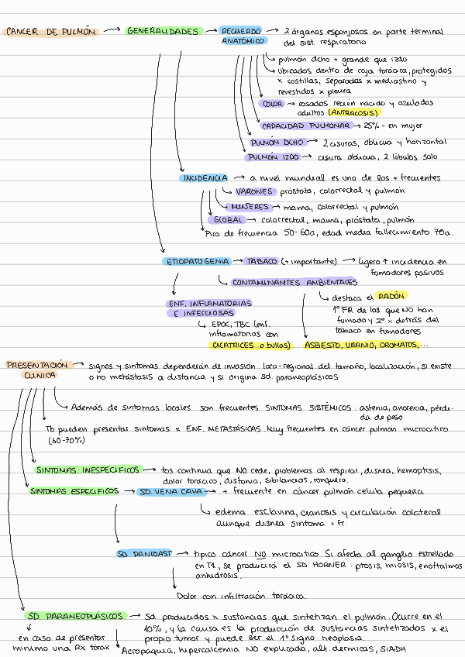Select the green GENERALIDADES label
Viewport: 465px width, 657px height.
(163, 32)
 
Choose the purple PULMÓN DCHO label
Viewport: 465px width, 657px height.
(277, 143)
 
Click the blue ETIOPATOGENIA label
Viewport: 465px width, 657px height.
(197, 262)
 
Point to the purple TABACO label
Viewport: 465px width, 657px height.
(262, 262)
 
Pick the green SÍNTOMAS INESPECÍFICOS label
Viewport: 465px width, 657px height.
(88, 470)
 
